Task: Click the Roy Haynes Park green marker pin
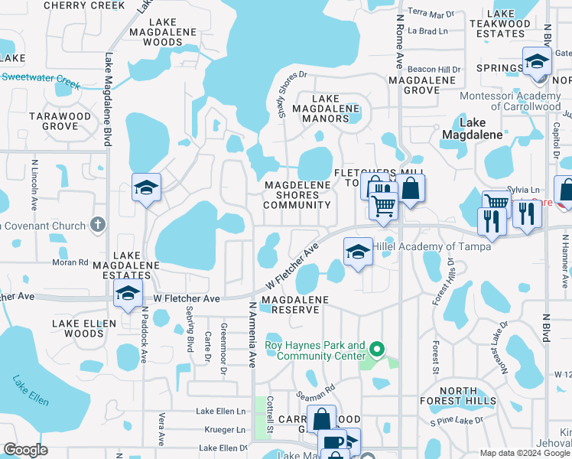(x=375, y=351)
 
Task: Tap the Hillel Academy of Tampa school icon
(x=357, y=251)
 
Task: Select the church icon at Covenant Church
(x=96, y=224)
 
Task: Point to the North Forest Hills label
(x=459, y=396)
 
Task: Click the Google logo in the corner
(x=26, y=450)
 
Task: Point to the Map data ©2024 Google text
(x=525, y=453)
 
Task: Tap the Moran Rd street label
(x=73, y=262)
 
